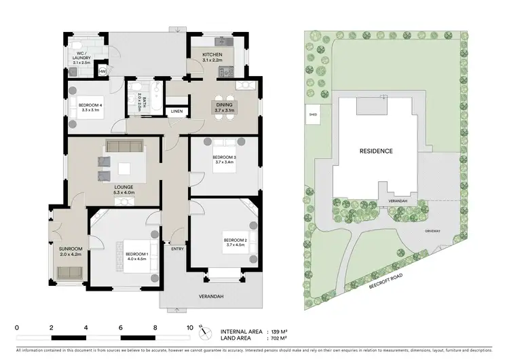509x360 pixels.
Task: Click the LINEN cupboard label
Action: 176,111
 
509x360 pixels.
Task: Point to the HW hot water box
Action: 103,71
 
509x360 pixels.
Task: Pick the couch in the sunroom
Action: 69,272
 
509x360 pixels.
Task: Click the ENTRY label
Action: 178,249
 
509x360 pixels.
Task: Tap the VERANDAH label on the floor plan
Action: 211,297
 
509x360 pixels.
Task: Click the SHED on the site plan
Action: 314,114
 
